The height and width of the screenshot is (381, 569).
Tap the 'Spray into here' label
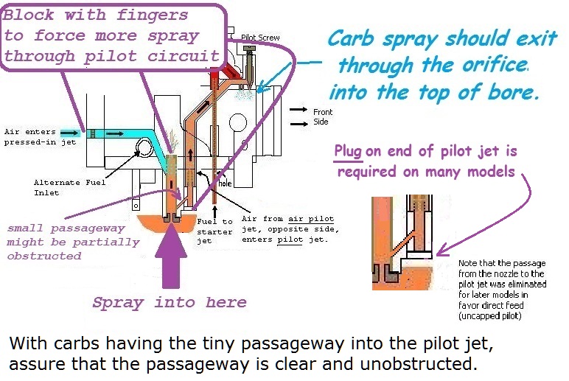pyautogui.click(x=169, y=302)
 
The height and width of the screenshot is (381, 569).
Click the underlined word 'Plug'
pyautogui.click(x=348, y=152)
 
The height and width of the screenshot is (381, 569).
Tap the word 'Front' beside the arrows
pyautogui.click(x=323, y=112)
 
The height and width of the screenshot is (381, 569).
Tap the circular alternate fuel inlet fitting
pyautogui.click(x=142, y=152)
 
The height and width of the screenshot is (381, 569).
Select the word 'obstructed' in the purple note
pyautogui.click(x=44, y=256)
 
